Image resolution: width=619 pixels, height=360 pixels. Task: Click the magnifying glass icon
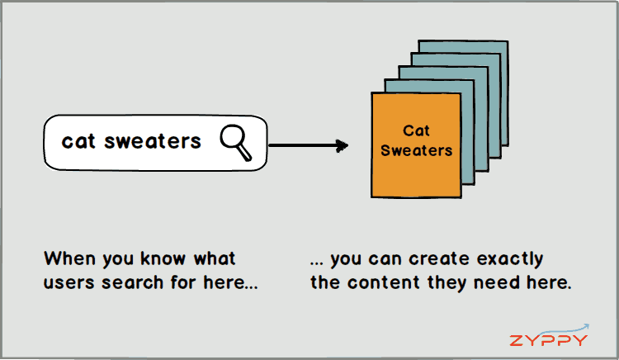[x=236, y=143]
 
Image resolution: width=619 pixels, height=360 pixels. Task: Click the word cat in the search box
[x=78, y=141]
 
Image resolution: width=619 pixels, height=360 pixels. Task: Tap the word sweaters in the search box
[x=153, y=141]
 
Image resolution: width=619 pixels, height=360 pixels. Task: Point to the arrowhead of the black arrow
[x=342, y=145]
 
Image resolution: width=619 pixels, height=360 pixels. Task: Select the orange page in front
[x=416, y=144]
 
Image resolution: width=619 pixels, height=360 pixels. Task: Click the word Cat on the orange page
[x=416, y=130]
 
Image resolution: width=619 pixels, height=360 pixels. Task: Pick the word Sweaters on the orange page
[x=416, y=150]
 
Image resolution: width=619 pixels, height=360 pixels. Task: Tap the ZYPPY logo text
[x=548, y=340]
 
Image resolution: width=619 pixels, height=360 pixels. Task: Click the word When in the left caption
[x=70, y=258]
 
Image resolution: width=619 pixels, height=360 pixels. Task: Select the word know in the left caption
[x=163, y=258]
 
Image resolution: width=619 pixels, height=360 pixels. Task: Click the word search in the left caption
[x=133, y=282]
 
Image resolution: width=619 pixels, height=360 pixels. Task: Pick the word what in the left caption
[x=215, y=258]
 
